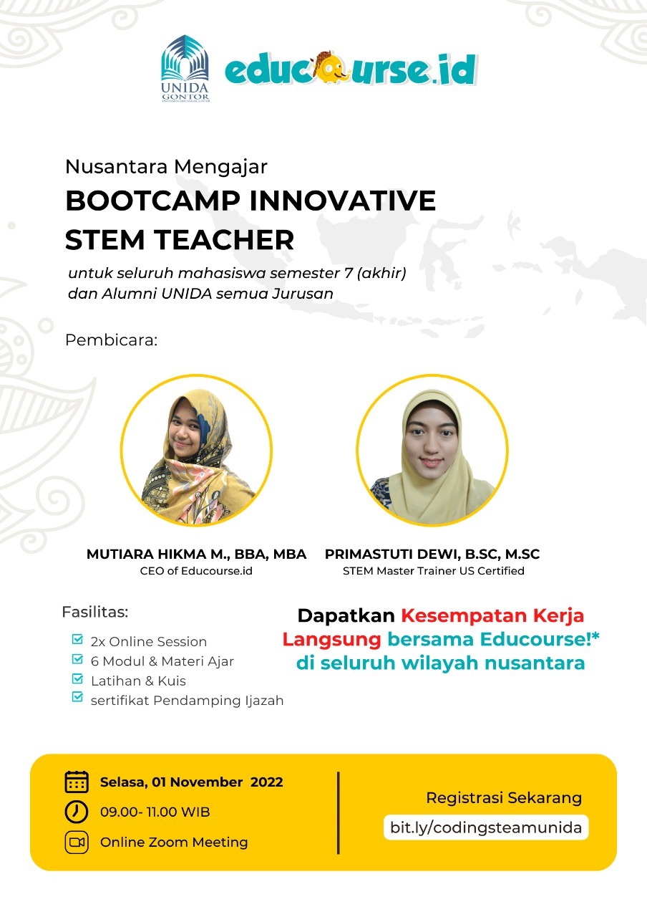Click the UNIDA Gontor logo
[185, 68]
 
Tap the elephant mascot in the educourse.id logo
[332, 67]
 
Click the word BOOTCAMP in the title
[153, 201]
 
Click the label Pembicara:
[111, 340]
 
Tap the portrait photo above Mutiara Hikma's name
[196, 450]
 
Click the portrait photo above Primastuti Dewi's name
[432, 450]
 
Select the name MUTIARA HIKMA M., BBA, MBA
[196, 554]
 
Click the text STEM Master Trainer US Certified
[434, 571]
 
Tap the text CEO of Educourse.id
[196, 571]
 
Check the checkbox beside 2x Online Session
[77, 639]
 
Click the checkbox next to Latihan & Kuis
[77, 678]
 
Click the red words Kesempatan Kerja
[492, 616]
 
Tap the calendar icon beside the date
[77, 782]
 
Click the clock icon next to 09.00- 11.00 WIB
[77, 812]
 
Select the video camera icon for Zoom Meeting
[77, 842]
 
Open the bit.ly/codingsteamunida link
[486, 827]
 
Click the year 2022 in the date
[267, 782]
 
